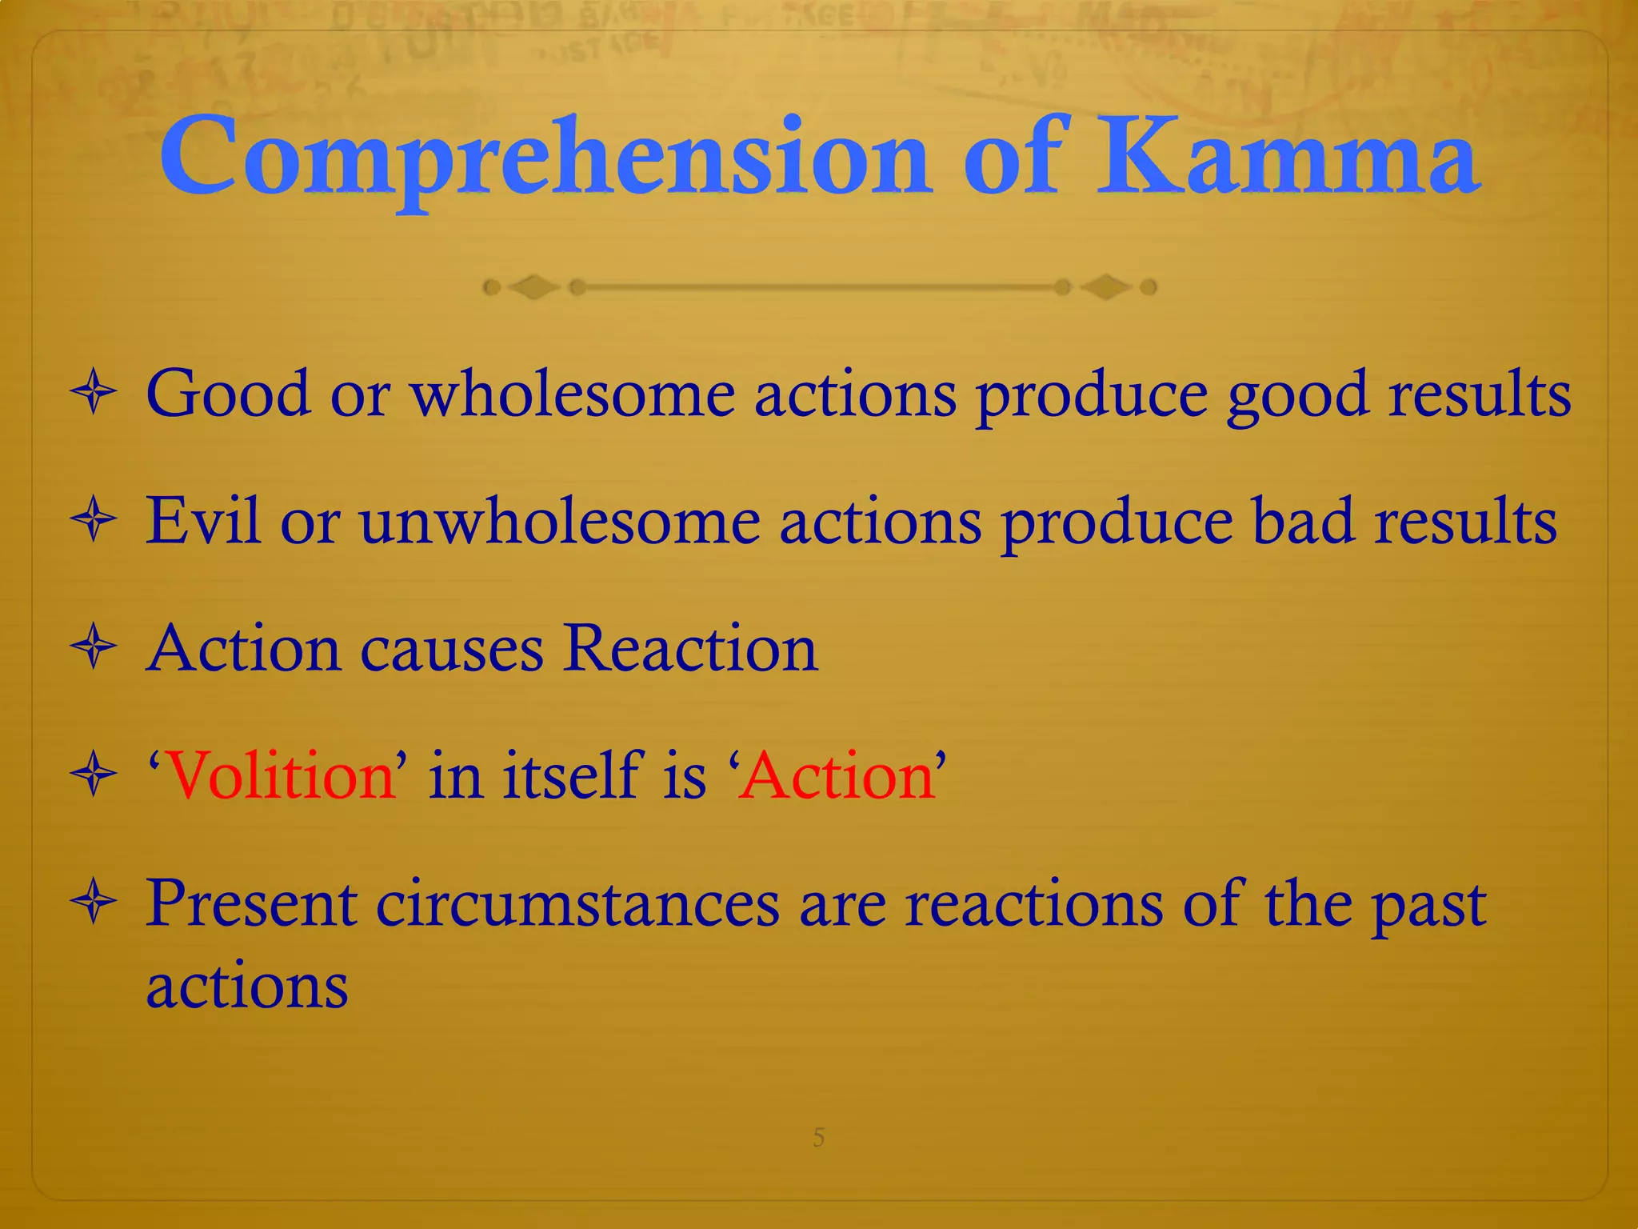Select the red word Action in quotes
pyautogui.click(x=837, y=776)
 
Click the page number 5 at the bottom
pyautogui.click(x=818, y=1137)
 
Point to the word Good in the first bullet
pyautogui.click(x=228, y=394)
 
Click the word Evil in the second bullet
pyautogui.click(x=203, y=521)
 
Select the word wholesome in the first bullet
pyautogui.click(x=573, y=394)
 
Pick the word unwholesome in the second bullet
pyautogui.click(x=560, y=521)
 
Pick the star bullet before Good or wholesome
pyautogui.click(x=94, y=393)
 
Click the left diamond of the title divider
pyautogui.click(x=533, y=286)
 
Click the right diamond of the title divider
pyautogui.click(x=1105, y=286)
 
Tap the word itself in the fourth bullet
pyautogui.click(x=573, y=776)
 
